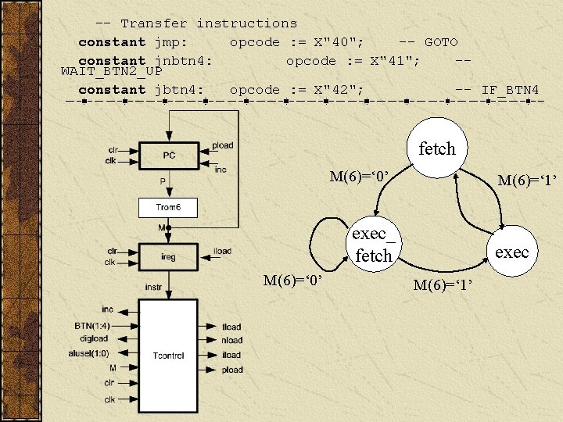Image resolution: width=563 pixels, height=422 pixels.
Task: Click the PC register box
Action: click(x=169, y=155)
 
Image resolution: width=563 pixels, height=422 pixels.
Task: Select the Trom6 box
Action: click(x=168, y=207)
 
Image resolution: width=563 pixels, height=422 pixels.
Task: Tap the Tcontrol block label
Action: click(x=168, y=355)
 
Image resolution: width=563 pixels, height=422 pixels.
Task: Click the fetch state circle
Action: click(x=436, y=148)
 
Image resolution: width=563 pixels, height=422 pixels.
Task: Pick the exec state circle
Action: click(x=511, y=252)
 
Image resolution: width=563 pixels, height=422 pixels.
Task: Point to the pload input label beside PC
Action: click(x=222, y=145)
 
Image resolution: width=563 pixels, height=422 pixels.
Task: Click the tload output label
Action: click(x=231, y=327)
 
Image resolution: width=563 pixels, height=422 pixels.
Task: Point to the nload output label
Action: click(x=231, y=341)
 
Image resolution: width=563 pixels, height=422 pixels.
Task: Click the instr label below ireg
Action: click(x=152, y=288)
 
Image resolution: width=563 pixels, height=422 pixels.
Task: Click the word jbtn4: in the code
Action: click(x=179, y=90)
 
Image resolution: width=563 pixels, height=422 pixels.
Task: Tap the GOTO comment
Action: click(x=441, y=42)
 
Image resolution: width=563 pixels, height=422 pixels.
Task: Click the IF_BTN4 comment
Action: click(x=509, y=90)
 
